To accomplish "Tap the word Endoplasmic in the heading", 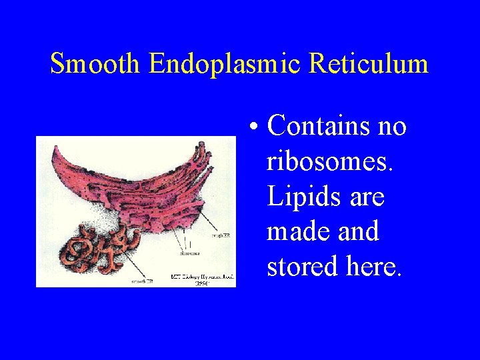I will click(x=226, y=64).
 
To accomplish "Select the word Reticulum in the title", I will click(x=369, y=64).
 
